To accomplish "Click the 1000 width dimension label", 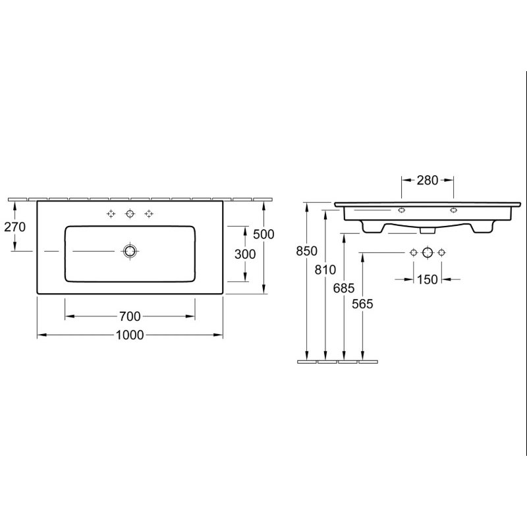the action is point(130,335).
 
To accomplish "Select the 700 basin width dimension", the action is point(130,316).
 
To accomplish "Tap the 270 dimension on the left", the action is point(14,227).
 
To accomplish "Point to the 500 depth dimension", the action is point(264,235).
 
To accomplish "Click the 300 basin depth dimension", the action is point(245,254).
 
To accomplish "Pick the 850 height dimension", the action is point(307,251).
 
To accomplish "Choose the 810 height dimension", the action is point(325,269).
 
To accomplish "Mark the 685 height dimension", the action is point(344,288).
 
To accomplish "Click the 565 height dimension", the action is point(363,304).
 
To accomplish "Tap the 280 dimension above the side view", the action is point(428,180).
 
